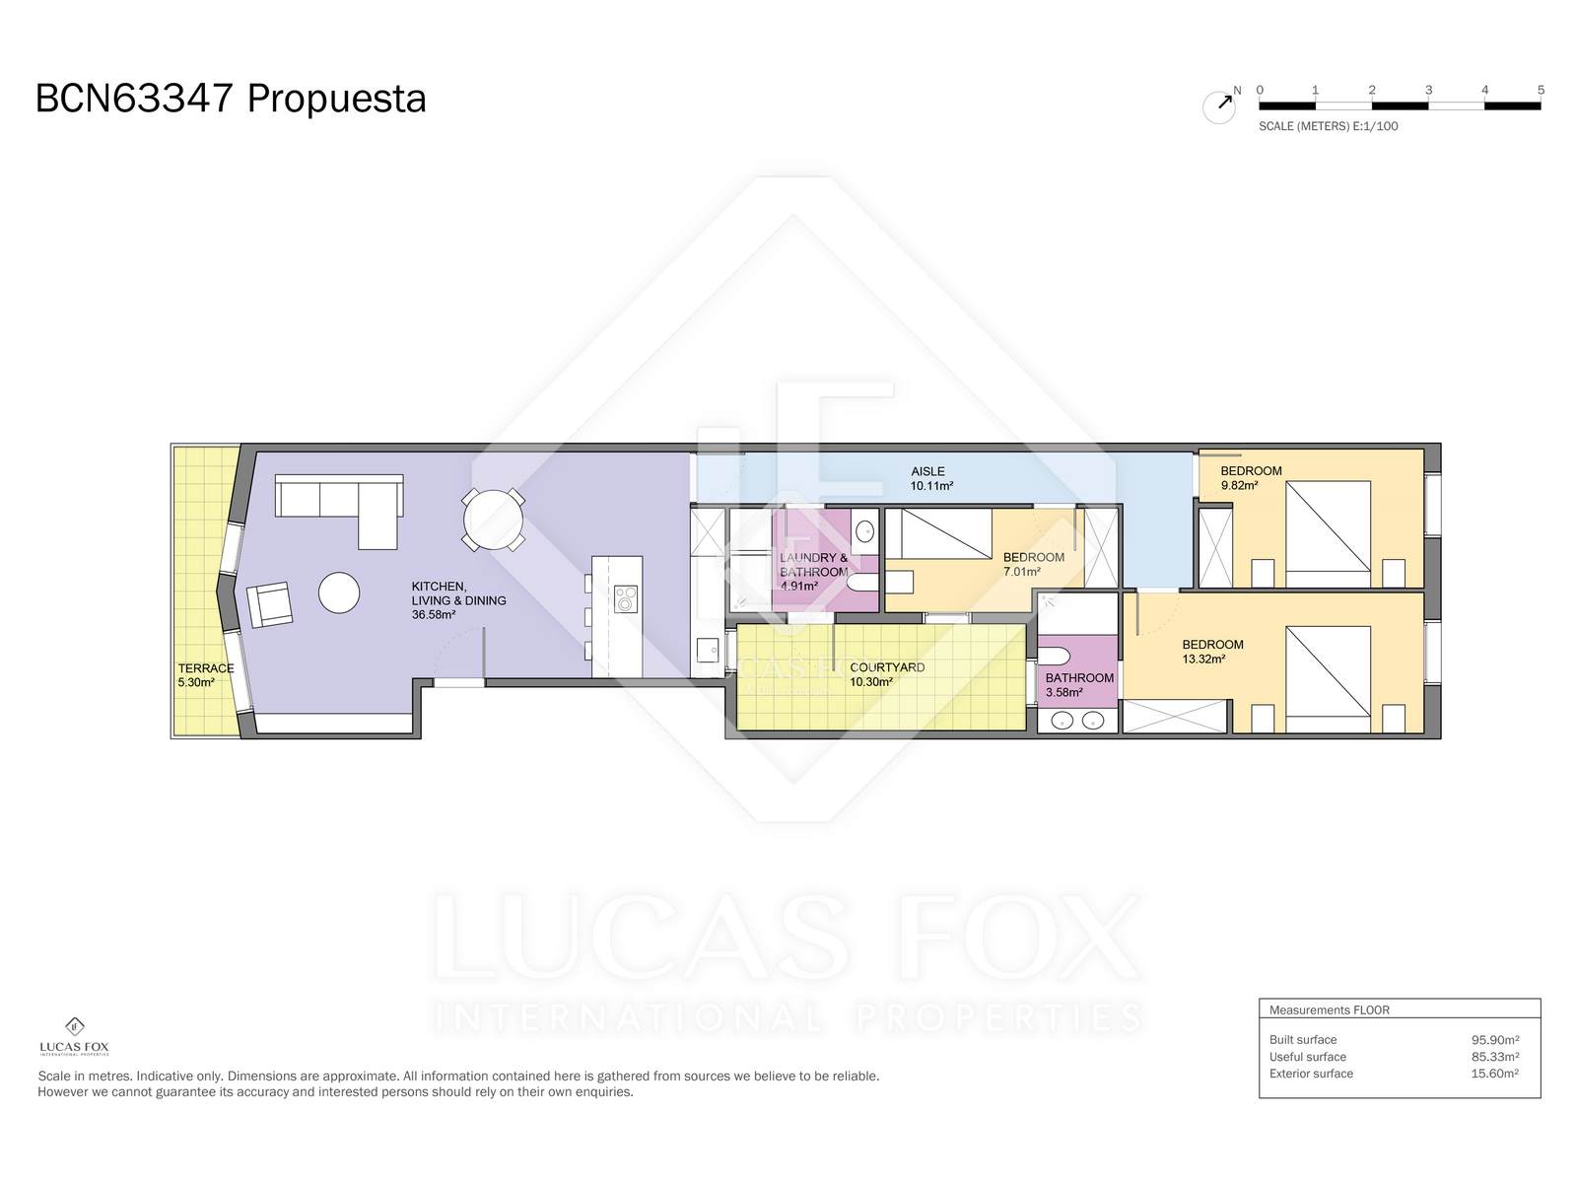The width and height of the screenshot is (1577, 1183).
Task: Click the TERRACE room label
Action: click(x=205, y=668)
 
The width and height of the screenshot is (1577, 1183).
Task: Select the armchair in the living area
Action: click(x=269, y=604)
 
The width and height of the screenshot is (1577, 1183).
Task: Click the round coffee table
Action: click(x=339, y=591)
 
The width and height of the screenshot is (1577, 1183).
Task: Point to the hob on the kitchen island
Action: click(x=625, y=598)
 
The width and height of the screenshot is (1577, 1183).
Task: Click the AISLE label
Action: click(x=927, y=472)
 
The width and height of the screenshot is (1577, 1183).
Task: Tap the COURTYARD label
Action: click(x=887, y=667)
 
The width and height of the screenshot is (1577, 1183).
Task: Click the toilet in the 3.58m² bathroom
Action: click(x=1054, y=655)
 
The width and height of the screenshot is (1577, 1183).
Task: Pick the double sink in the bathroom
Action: click(x=1077, y=719)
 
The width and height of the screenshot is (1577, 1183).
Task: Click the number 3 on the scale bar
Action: click(x=1428, y=91)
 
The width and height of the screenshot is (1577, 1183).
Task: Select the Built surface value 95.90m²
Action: click(x=1494, y=1039)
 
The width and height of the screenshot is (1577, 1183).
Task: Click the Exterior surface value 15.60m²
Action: click(x=1494, y=1074)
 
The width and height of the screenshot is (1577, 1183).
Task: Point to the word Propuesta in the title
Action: click(x=337, y=100)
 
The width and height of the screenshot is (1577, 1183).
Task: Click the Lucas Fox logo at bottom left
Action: click(x=74, y=1036)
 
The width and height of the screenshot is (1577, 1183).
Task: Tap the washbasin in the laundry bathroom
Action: click(x=865, y=531)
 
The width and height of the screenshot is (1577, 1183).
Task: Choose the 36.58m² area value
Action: click(x=434, y=615)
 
